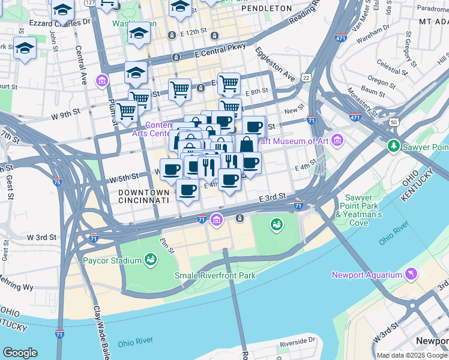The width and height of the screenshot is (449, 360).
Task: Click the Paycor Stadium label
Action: [111, 260]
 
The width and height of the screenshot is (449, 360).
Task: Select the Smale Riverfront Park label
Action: [214, 275]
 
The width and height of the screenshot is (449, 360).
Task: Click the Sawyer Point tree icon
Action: [394, 146]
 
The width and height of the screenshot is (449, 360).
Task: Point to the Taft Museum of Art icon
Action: [337, 141]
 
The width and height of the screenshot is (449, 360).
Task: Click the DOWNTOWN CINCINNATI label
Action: [143, 196]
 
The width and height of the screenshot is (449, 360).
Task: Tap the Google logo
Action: [20, 353]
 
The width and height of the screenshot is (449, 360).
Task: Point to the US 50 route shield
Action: [394, 122]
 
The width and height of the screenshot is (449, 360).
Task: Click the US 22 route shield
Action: [307, 77]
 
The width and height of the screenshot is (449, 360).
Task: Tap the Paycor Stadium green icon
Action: [151, 260]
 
